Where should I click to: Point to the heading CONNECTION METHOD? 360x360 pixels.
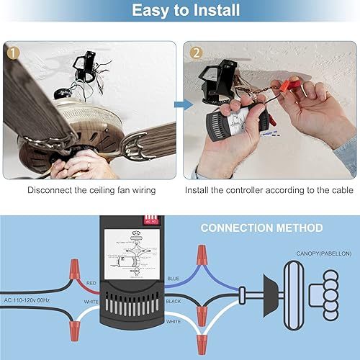tap(261, 228)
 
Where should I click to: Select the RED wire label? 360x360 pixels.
tap(91, 284)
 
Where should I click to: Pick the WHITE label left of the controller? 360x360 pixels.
tap(91, 302)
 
